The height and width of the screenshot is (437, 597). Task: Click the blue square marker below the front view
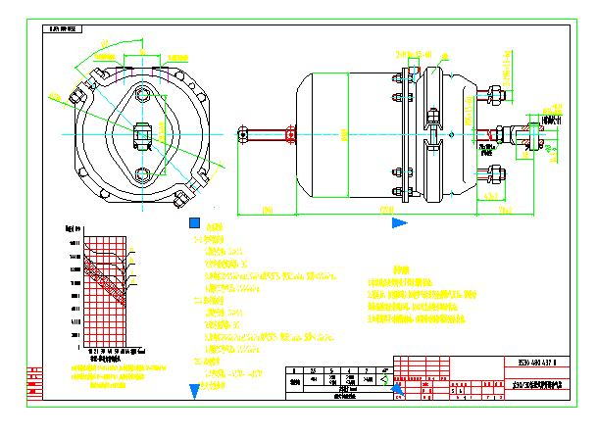[x=194, y=223]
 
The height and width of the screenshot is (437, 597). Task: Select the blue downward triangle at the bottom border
[x=193, y=390]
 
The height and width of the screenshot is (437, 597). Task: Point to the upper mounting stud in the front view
[x=143, y=94]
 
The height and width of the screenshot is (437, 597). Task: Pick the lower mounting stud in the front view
[x=143, y=174]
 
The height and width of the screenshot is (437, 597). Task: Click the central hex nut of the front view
[x=142, y=133]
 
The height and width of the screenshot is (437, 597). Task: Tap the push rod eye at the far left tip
[x=242, y=133]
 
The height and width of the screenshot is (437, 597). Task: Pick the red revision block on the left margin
[x=35, y=381]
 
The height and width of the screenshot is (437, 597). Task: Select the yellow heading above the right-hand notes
[x=400, y=269]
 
